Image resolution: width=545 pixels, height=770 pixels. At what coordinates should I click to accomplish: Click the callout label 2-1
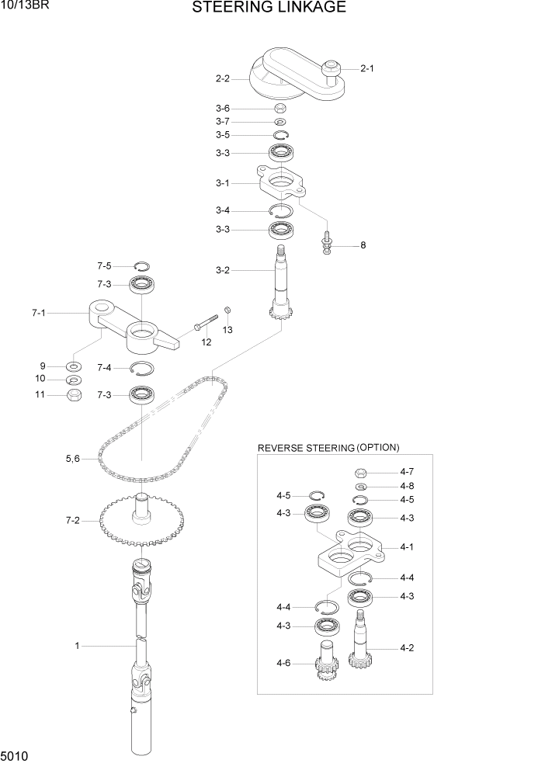pyautogui.click(x=367, y=68)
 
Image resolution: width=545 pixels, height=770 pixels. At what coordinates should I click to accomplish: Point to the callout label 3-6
pyautogui.click(x=223, y=109)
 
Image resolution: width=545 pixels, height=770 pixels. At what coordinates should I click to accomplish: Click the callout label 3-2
pyautogui.click(x=223, y=270)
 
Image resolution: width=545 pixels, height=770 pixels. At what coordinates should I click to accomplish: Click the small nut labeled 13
pyautogui.click(x=227, y=310)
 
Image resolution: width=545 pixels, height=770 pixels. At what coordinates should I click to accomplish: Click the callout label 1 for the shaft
pyautogui.click(x=77, y=645)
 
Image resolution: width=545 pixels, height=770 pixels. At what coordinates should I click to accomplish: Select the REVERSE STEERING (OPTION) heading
pyautogui.click(x=328, y=448)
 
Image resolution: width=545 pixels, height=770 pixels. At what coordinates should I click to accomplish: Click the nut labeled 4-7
pyautogui.click(x=360, y=472)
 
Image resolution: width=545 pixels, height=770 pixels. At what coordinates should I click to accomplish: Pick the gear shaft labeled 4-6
pyautogui.click(x=327, y=661)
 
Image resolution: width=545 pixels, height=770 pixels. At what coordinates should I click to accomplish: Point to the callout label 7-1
pyautogui.click(x=39, y=313)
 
